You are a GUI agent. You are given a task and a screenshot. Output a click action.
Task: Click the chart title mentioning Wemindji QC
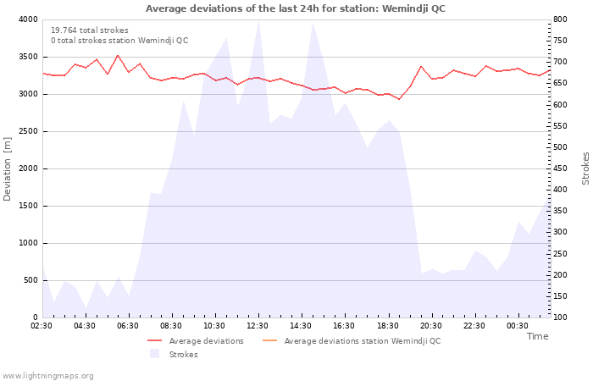pos(296,8)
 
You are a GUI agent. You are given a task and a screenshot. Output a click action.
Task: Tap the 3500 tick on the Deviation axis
pos(29,57)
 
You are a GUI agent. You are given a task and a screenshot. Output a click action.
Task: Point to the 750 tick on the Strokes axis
pos(561,41)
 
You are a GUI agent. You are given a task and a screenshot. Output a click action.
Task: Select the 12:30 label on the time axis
pos(258,326)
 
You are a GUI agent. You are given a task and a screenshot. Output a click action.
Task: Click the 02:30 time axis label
pos(42,326)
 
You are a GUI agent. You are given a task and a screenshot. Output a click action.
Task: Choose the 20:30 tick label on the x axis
pos(430,326)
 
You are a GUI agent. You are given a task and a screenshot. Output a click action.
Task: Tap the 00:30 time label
pos(518,326)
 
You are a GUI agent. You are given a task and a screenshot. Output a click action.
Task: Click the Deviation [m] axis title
pos(7,168)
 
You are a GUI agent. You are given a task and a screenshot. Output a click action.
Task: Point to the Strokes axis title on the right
pos(585,168)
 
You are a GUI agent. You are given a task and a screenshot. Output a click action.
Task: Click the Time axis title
pos(537,336)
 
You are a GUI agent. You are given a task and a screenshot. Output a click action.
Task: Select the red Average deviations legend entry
pos(196,341)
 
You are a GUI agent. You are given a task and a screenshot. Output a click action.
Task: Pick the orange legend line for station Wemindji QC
pos(269,341)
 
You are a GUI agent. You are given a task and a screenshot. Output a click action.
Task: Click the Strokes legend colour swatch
pos(155,354)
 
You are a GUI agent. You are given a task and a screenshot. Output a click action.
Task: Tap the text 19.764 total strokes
pos(90,30)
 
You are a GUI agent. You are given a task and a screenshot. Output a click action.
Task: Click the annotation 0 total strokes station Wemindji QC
pos(119,41)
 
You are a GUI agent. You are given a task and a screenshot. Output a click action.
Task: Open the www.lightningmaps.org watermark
pos(47,376)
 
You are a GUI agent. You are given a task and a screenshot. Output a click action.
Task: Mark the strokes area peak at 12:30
pos(258,20)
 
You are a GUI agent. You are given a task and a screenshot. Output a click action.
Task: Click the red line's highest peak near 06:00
pos(118,56)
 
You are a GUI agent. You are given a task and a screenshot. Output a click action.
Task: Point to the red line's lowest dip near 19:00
pos(399,99)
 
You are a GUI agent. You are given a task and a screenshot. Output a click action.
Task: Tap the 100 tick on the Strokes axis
pos(561,317)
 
